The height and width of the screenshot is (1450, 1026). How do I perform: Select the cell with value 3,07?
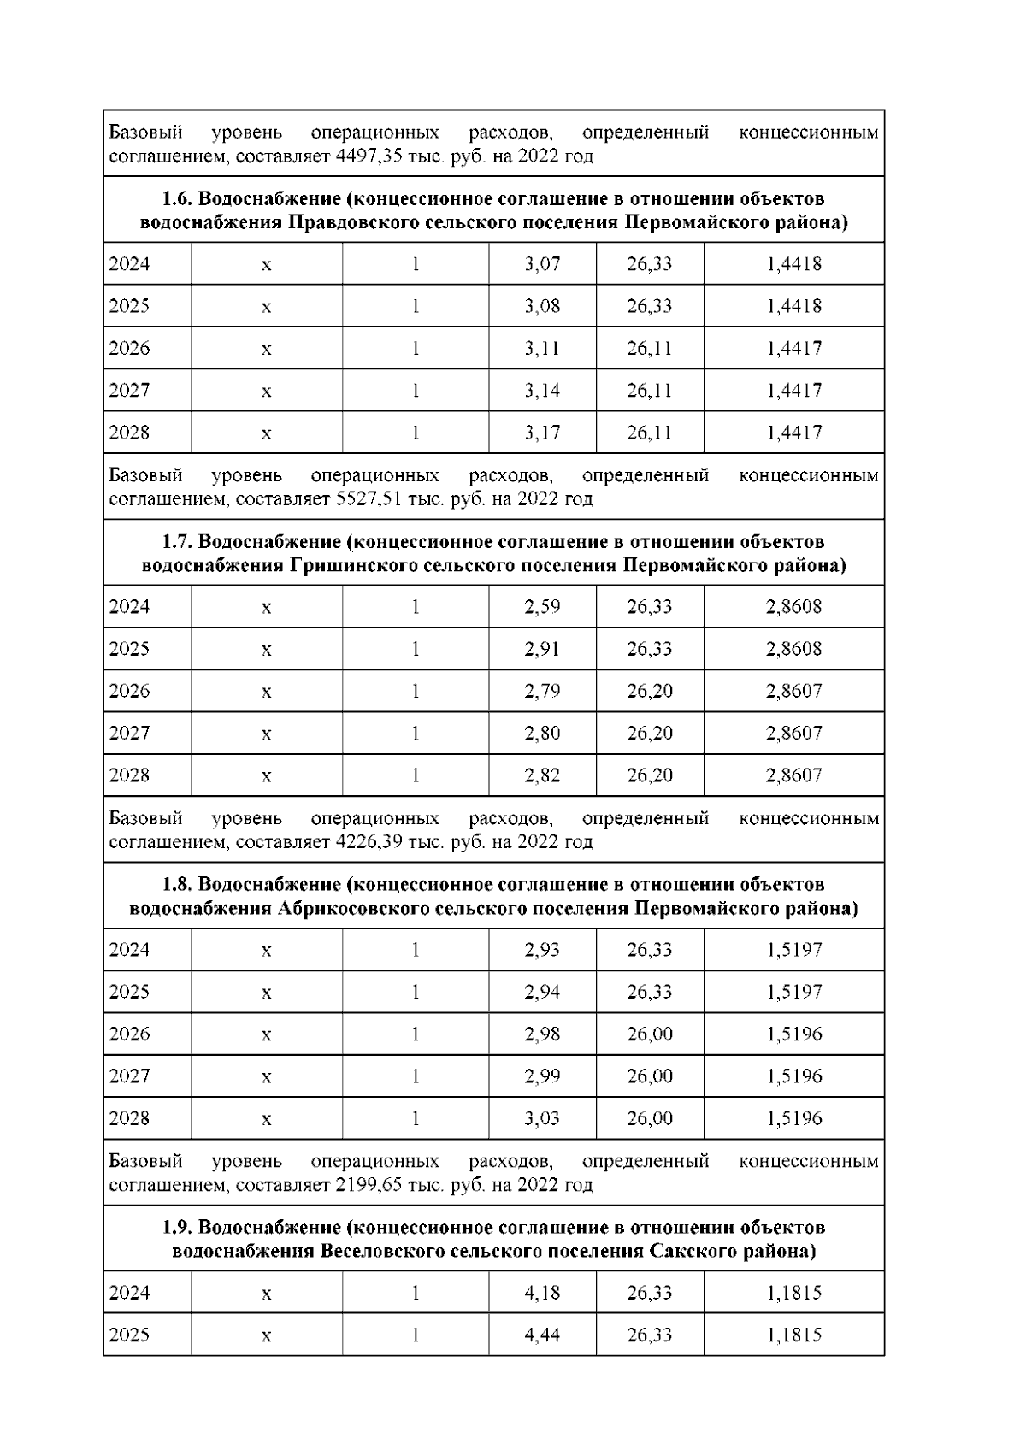tap(542, 264)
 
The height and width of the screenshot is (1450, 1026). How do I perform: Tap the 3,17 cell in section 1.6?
tap(542, 433)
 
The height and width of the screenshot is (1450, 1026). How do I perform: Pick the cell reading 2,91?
tap(542, 649)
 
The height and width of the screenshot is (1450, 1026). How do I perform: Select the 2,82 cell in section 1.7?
tap(542, 775)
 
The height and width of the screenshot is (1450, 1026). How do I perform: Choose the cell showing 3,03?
tap(542, 1118)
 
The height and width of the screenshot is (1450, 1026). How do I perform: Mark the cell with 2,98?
tap(542, 1034)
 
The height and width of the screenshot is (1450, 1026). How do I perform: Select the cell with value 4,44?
tap(542, 1335)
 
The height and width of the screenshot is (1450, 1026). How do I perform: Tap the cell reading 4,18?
tap(542, 1293)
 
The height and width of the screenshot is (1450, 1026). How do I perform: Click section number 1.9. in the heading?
tap(178, 1228)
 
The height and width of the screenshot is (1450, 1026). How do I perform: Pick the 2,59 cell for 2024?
tap(542, 607)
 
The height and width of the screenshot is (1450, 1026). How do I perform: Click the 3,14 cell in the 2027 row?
tap(542, 391)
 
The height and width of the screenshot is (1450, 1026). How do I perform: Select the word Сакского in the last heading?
tap(688, 1252)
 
